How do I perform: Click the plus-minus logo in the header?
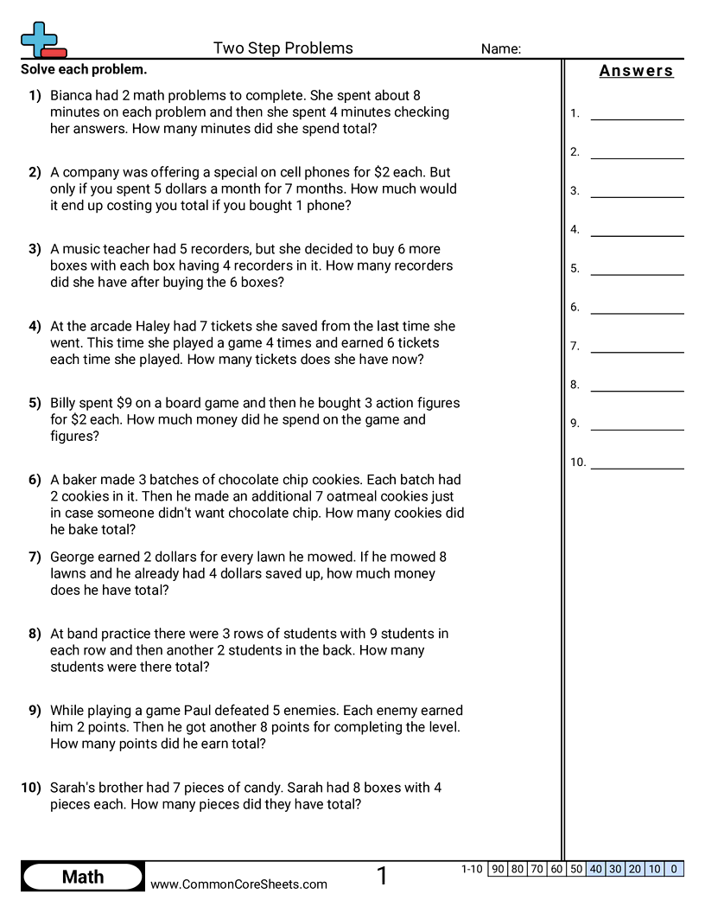pyautogui.click(x=41, y=40)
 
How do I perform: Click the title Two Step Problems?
pyautogui.click(x=283, y=48)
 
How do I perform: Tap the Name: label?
pyautogui.click(x=501, y=49)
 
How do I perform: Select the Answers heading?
pyautogui.click(x=637, y=71)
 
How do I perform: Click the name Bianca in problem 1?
pyautogui.click(x=73, y=95)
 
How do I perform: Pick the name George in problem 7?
pyautogui.click(x=73, y=557)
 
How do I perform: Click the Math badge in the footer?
pyautogui.click(x=83, y=877)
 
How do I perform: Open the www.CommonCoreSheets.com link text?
pyautogui.click(x=238, y=884)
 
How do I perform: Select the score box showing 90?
pyautogui.click(x=497, y=869)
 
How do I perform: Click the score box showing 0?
pyautogui.click(x=674, y=869)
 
